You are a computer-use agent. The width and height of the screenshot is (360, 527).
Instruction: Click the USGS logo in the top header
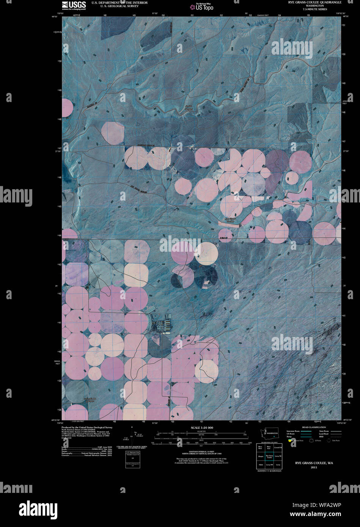(74, 5)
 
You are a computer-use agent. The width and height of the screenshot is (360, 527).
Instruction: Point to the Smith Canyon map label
(189, 108)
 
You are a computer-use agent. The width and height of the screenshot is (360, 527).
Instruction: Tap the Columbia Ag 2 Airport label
(90, 399)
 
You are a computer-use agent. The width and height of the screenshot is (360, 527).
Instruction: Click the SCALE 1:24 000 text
(202, 428)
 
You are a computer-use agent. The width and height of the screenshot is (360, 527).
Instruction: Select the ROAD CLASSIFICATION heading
(314, 427)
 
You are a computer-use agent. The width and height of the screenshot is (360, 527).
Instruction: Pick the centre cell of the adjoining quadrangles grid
(269, 456)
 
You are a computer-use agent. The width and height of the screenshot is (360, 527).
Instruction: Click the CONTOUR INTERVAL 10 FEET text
(201, 451)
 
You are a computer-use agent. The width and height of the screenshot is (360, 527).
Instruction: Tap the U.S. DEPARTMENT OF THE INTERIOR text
(119, 2)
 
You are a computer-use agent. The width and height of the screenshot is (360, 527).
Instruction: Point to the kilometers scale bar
(201, 432)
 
